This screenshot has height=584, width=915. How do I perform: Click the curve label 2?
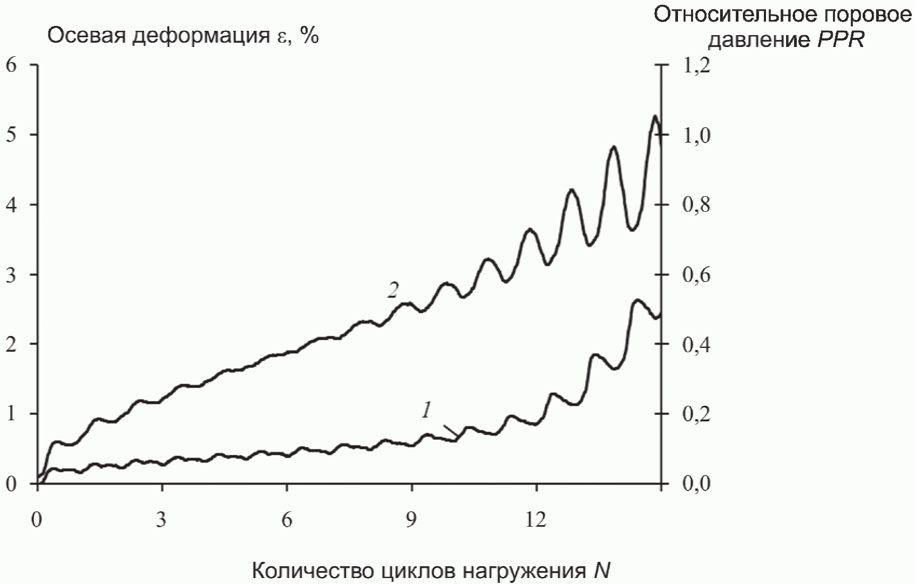pos(392,291)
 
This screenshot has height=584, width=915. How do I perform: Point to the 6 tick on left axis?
pos(12,65)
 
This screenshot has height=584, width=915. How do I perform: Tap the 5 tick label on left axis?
pos(12,135)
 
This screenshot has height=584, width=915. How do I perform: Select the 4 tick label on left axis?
pos(12,205)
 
